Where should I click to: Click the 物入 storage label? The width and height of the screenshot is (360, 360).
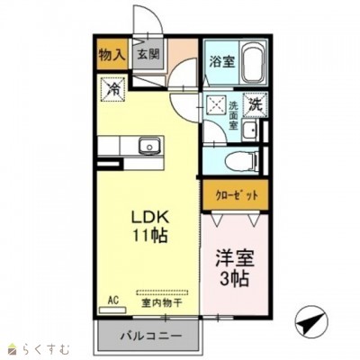click(x=112, y=55)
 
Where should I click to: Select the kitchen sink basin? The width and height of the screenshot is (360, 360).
click(x=148, y=146)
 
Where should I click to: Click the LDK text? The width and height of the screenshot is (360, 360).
click(x=147, y=219)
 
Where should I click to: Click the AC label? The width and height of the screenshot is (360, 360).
click(x=113, y=299)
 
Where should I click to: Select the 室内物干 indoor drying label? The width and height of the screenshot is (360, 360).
click(x=160, y=303)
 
